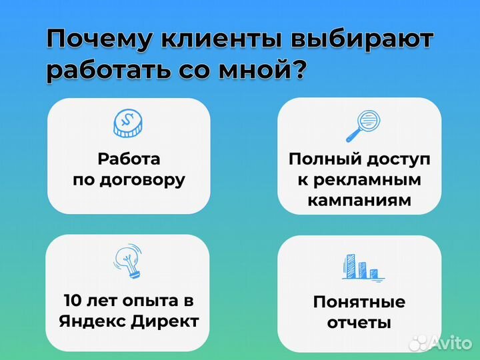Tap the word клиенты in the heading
tap(214, 41)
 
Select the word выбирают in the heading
tap(360, 41)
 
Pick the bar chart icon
tap(359, 266)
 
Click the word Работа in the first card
tap(129, 159)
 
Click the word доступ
tap(398, 160)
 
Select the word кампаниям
tap(359, 200)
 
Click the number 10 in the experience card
tap(72, 300)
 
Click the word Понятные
tap(359, 301)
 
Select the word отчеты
tap(359, 323)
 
